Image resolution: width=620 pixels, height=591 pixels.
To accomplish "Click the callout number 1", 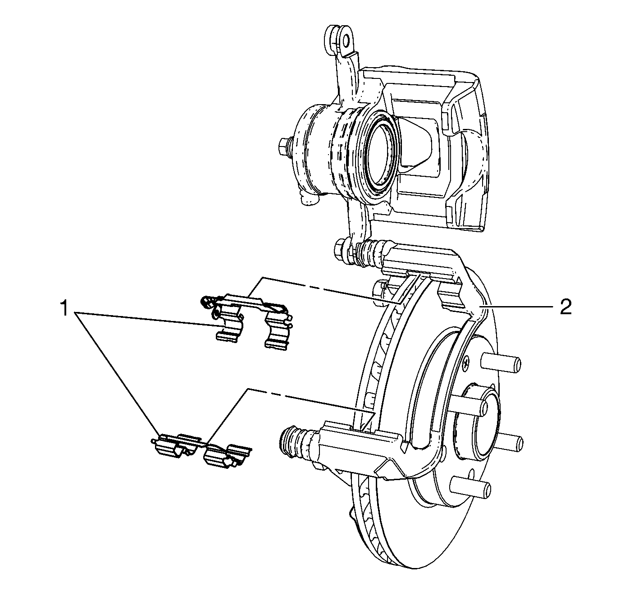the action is pos(65,309).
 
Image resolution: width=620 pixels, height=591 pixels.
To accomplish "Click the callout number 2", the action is pos(565,307).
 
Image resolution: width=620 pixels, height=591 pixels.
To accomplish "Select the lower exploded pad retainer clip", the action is pos(201,449).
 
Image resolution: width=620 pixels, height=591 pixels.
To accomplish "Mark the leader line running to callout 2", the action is pos(518,307).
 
